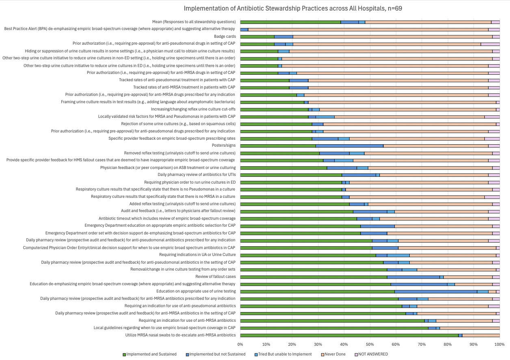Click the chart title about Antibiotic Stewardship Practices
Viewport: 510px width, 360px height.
[293, 8]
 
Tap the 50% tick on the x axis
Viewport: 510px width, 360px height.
[370, 345]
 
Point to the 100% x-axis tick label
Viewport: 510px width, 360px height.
[499, 345]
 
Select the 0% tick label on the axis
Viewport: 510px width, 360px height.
[240, 345]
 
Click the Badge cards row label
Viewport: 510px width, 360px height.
[225, 37]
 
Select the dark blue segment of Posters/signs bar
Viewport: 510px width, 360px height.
[350, 145]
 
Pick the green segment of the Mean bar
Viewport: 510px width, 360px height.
[290, 22]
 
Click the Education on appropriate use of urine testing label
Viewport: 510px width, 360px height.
[196, 291]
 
